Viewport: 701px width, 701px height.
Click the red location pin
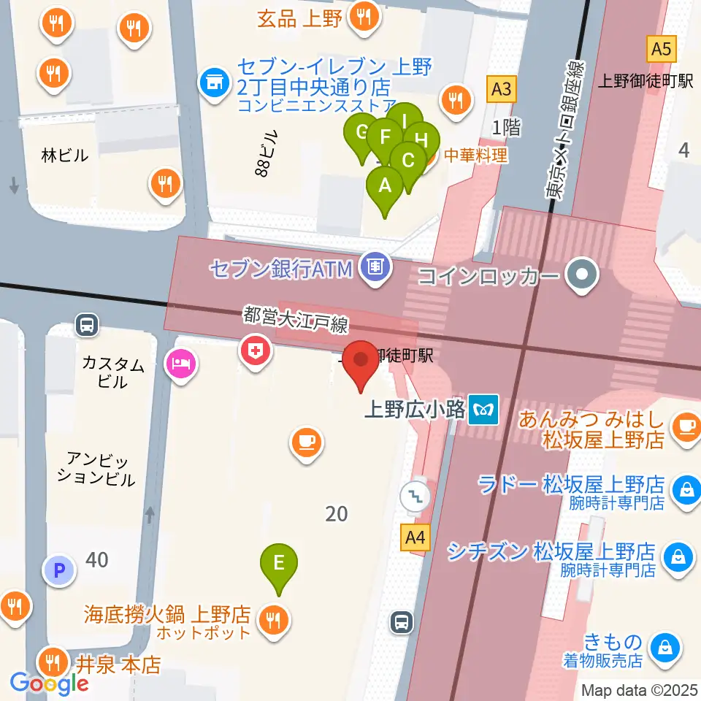[361, 363]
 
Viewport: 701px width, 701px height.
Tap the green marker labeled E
[278, 564]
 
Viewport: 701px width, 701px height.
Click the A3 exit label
[501, 90]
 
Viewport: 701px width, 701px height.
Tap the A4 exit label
[414, 540]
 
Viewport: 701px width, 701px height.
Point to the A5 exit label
[660, 50]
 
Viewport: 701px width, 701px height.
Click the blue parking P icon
[59, 570]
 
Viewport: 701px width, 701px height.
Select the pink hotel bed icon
[180, 361]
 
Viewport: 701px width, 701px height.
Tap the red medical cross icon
[256, 351]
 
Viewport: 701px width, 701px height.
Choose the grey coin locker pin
[583, 276]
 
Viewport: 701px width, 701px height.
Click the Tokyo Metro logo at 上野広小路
[483, 410]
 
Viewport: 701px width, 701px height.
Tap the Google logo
[49, 683]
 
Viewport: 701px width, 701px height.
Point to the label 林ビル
[65, 155]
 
